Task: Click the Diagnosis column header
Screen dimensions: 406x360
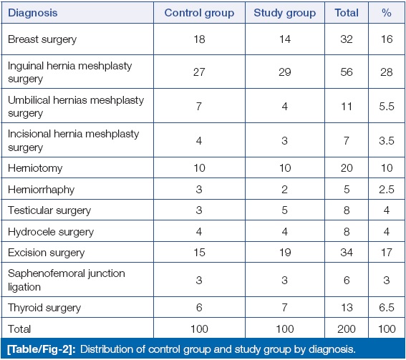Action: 33,13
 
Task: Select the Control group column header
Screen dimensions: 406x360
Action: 199,13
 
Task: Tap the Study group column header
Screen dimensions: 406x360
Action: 284,13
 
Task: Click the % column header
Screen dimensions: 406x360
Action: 387,13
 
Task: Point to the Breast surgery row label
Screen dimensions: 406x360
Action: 42,39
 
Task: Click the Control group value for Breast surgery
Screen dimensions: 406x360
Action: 199,39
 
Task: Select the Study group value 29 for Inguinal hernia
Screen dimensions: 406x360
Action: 284,72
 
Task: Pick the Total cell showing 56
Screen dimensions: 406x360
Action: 347,72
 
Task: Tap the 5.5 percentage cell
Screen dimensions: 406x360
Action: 387,107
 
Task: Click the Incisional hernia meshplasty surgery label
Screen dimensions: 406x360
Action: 73,140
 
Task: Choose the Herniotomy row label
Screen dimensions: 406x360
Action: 35,168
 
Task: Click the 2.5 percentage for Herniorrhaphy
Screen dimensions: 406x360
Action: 387,190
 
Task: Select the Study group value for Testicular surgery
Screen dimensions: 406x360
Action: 284,210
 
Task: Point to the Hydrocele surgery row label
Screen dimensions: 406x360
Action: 51,232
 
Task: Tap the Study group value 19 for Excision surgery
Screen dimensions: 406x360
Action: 285,253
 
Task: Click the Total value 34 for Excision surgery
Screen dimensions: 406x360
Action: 347,253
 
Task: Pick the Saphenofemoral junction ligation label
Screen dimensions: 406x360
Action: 67,280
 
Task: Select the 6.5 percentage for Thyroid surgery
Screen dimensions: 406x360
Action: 387,308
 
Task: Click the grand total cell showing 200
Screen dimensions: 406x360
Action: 347,329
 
